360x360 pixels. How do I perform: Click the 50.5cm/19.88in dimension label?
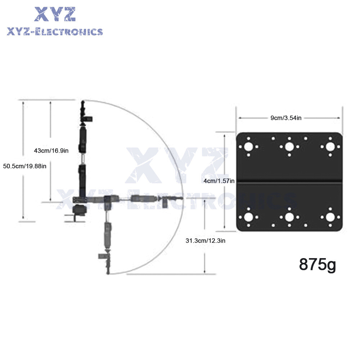(x=25, y=166)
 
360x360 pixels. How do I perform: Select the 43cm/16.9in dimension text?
(x=51, y=150)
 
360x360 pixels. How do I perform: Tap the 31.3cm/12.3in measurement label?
(x=206, y=240)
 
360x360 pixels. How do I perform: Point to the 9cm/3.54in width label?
(x=286, y=118)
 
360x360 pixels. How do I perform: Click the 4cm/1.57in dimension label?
(x=219, y=181)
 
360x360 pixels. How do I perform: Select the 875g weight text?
(x=318, y=265)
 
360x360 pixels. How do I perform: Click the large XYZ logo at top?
(x=55, y=14)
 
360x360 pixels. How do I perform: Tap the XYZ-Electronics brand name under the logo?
(x=55, y=32)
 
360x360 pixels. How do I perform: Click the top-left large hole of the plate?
(x=248, y=147)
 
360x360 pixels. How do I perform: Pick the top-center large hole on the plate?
(x=289, y=147)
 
